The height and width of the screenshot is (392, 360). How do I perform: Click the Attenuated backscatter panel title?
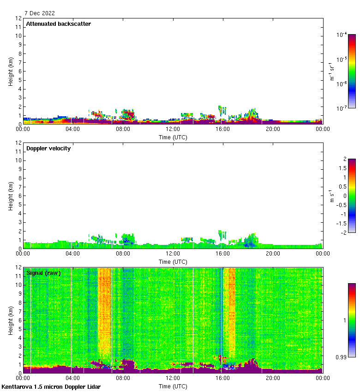pyautogui.click(x=59, y=24)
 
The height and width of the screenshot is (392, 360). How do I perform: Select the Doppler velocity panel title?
pyautogui.click(x=48, y=148)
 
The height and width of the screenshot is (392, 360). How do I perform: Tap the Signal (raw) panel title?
pyautogui.click(x=43, y=273)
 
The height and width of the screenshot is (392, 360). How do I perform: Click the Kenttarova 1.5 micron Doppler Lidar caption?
pyautogui.click(x=51, y=386)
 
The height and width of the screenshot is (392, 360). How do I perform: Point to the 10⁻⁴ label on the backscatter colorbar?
pyautogui.click(x=342, y=35)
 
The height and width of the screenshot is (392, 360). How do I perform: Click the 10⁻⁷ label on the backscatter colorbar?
pyautogui.click(x=342, y=108)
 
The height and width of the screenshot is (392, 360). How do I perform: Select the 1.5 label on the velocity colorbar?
pyautogui.click(x=342, y=168)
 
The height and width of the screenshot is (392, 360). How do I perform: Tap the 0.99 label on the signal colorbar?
pyautogui.click(x=342, y=357)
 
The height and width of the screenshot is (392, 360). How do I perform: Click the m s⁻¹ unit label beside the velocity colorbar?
pyautogui.click(x=331, y=196)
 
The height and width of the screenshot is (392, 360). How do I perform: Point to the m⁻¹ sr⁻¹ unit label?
pyautogui.click(x=331, y=71)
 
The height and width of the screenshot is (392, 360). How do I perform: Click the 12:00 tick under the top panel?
pyautogui.click(x=173, y=130)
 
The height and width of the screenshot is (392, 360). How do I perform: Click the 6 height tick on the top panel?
pyautogui.click(x=19, y=71)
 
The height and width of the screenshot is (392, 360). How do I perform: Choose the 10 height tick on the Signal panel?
pyautogui.click(x=18, y=285)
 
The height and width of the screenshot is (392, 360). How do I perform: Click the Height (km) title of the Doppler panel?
pyautogui.click(x=11, y=196)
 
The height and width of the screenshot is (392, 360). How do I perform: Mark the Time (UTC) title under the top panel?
pyautogui.click(x=173, y=137)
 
